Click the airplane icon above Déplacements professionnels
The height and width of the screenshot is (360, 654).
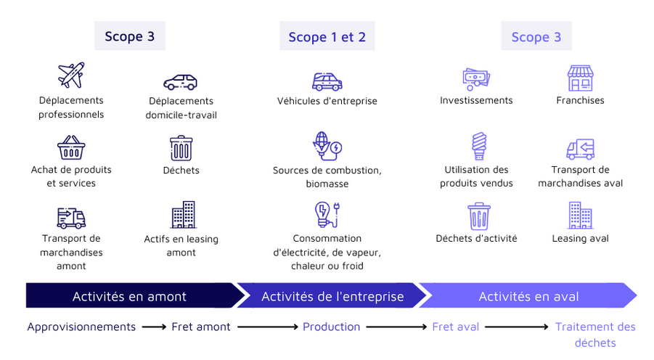pyautogui.click(x=71, y=75)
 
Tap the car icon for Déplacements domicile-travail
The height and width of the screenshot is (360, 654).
pyautogui.click(x=180, y=81)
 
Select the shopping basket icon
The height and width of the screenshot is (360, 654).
pyautogui.click(x=71, y=147)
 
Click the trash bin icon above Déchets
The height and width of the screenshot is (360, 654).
pyautogui.click(x=181, y=147)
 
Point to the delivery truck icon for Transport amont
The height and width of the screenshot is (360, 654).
pyautogui.click(x=71, y=217)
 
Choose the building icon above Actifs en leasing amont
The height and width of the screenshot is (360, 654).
pyautogui.click(x=183, y=216)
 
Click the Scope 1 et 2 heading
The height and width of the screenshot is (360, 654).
pyautogui.click(x=327, y=37)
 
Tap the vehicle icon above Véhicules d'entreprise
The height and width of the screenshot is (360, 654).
pyautogui.click(x=327, y=81)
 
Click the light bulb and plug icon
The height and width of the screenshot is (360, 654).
pyautogui.click(x=327, y=216)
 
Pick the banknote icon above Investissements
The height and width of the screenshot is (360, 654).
pyautogui.click(x=476, y=78)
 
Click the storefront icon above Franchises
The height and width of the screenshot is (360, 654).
pyautogui.click(x=580, y=78)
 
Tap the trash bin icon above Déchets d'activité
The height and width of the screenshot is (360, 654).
pyautogui.click(x=478, y=216)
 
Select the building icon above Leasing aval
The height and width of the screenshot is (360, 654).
pyautogui.click(x=580, y=216)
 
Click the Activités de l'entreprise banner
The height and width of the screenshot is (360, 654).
pyautogui.click(x=332, y=296)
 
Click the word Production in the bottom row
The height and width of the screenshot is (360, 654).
pyautogui.click(x=331, y=327)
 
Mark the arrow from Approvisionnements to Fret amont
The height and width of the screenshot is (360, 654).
pyautogui.click(x=154, y=327)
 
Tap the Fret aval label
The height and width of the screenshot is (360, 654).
pyautogui.click(x=455, y=327)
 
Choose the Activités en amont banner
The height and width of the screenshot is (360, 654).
pyautogui.click(x=129, y=296)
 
